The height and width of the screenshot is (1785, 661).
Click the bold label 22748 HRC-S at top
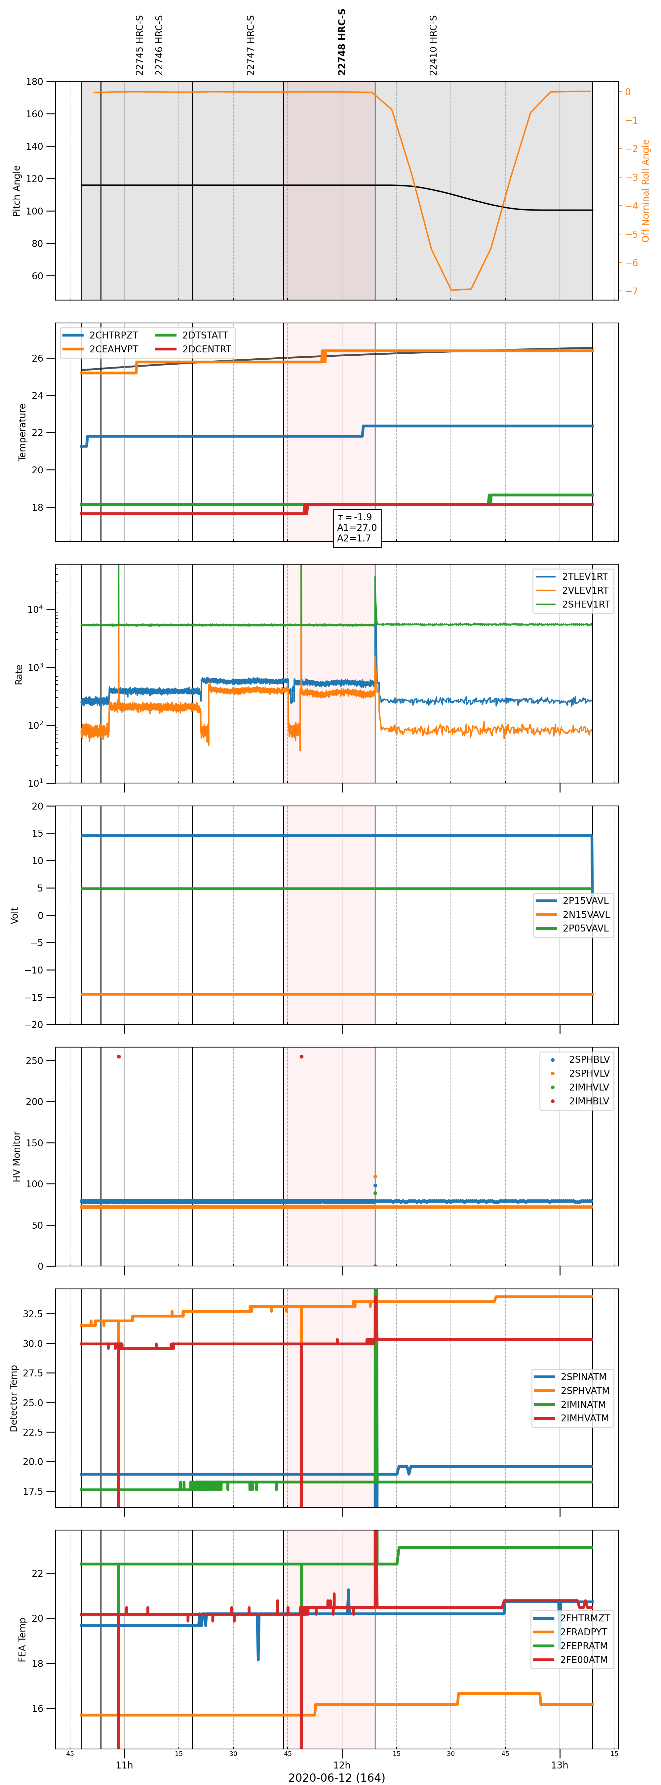[342, 42]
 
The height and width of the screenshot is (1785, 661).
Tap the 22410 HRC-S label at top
[433, 45]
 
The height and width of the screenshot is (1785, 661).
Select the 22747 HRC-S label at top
[250, 45]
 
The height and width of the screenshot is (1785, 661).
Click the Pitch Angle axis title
[17, 190]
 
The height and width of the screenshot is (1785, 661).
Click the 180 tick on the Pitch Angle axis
[35, 82]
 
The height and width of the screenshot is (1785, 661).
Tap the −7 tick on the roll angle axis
[631, 291]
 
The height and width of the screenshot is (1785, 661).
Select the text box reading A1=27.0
[357, 527]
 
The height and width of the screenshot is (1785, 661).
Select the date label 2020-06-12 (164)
[337, 1777]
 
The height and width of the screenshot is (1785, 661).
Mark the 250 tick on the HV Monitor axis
[35, 1061]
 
